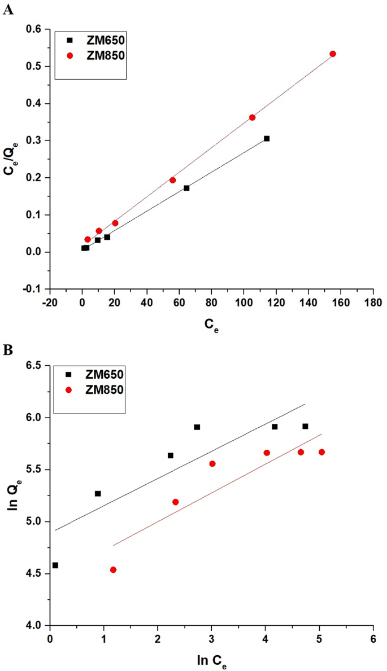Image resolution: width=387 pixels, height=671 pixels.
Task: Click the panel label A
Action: click(8, 10)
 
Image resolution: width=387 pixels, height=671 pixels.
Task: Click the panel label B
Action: click(7, 349)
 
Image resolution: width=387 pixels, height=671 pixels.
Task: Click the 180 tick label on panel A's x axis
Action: click(373, 303)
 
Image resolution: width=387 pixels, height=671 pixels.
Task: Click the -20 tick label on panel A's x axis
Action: click(49, 303)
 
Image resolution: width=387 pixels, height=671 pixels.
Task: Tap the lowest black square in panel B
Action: click(55, 565)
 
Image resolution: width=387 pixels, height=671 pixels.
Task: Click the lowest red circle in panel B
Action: click(113, 569)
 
